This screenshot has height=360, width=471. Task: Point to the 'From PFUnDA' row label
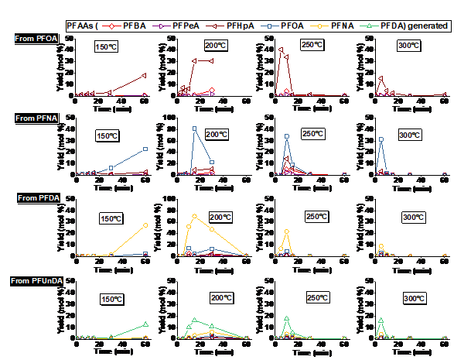tap(36, 280)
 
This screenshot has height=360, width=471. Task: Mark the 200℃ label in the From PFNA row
tap(217, 134)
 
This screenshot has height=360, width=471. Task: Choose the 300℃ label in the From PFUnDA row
tap(415, 298)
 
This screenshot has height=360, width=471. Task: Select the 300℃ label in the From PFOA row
tap(409, 46)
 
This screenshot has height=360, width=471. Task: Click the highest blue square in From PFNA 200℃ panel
tap(194, 129)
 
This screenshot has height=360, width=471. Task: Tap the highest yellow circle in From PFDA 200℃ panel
tap(194, 216)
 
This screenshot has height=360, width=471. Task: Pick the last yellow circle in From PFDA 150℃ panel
tap(145, 225)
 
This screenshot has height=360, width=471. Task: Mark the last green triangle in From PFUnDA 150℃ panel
tap(145, 324)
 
